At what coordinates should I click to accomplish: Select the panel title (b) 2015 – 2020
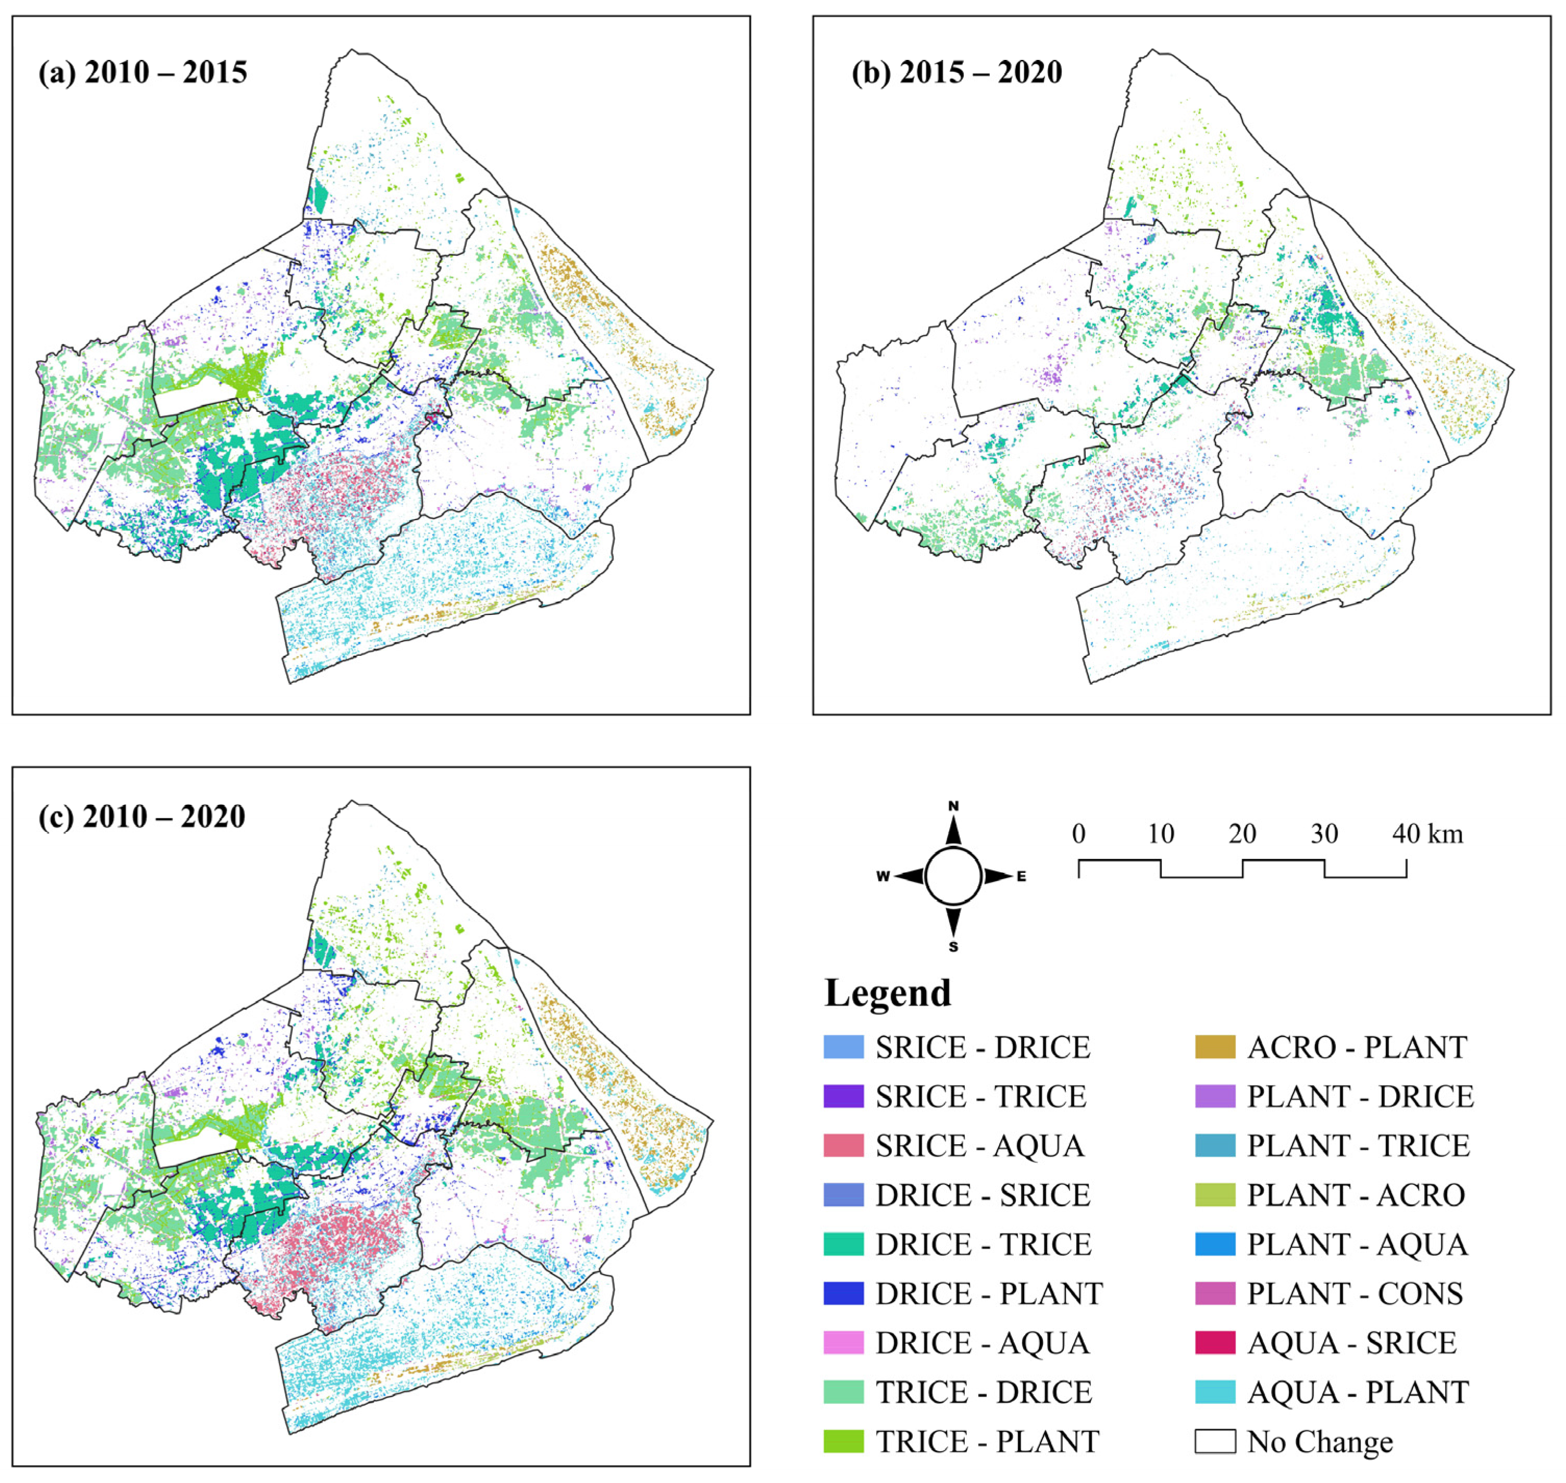click(956, 73)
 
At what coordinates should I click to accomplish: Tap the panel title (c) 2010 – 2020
click(142, 817)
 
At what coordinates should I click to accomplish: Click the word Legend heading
click(888, 993)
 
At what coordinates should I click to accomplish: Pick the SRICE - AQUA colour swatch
click(843, 1145)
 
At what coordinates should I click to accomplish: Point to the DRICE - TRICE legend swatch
click(843, 1244)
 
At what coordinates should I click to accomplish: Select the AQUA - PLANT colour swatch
click(1215, 1392)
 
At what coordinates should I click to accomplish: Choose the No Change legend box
click(1215, 1441)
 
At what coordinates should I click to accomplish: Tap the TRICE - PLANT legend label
click(987, 1441)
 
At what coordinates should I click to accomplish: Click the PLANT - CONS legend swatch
click(1215, 1293)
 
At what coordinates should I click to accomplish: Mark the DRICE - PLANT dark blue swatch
click(843, 1293)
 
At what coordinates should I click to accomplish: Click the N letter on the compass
click(953, 806)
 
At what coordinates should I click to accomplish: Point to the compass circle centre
click(953, 876)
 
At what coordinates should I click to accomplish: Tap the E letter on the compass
click(1022, 876)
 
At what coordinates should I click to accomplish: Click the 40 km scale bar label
click(1427, 833)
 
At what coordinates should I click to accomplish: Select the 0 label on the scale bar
click(1079, 833)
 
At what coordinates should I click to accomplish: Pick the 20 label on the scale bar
click(1242, 833)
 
